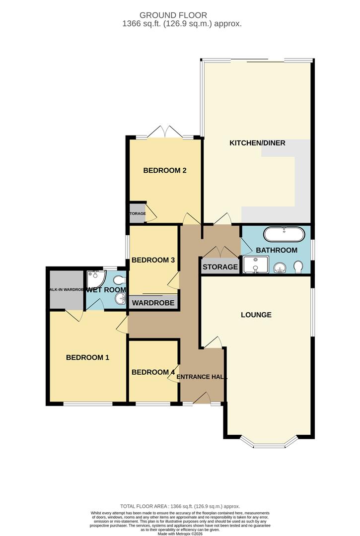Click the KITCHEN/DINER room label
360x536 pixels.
(257, 143)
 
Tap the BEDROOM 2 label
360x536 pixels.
(164, 171)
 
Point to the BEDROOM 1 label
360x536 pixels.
(87, 357)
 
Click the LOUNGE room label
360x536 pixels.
(256, 315)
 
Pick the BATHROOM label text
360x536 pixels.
(277, 250)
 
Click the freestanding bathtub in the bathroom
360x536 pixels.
(283, 234)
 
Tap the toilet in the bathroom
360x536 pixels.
(298, 268)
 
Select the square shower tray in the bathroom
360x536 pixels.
(256, 265)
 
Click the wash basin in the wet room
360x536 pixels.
(120, 299)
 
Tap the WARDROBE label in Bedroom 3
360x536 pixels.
(153, 303)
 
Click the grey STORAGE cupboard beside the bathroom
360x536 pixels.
(220, 267)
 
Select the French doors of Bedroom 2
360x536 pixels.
(165, 133)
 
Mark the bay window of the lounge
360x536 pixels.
(269, 443)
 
